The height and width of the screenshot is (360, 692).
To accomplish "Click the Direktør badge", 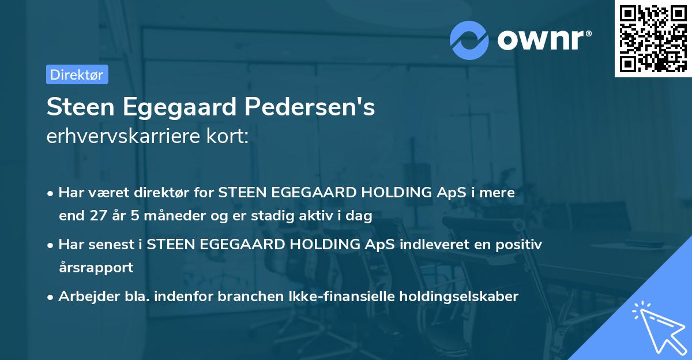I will point(77,74).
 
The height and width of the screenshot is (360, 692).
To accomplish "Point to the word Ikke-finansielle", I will point(344,297).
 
